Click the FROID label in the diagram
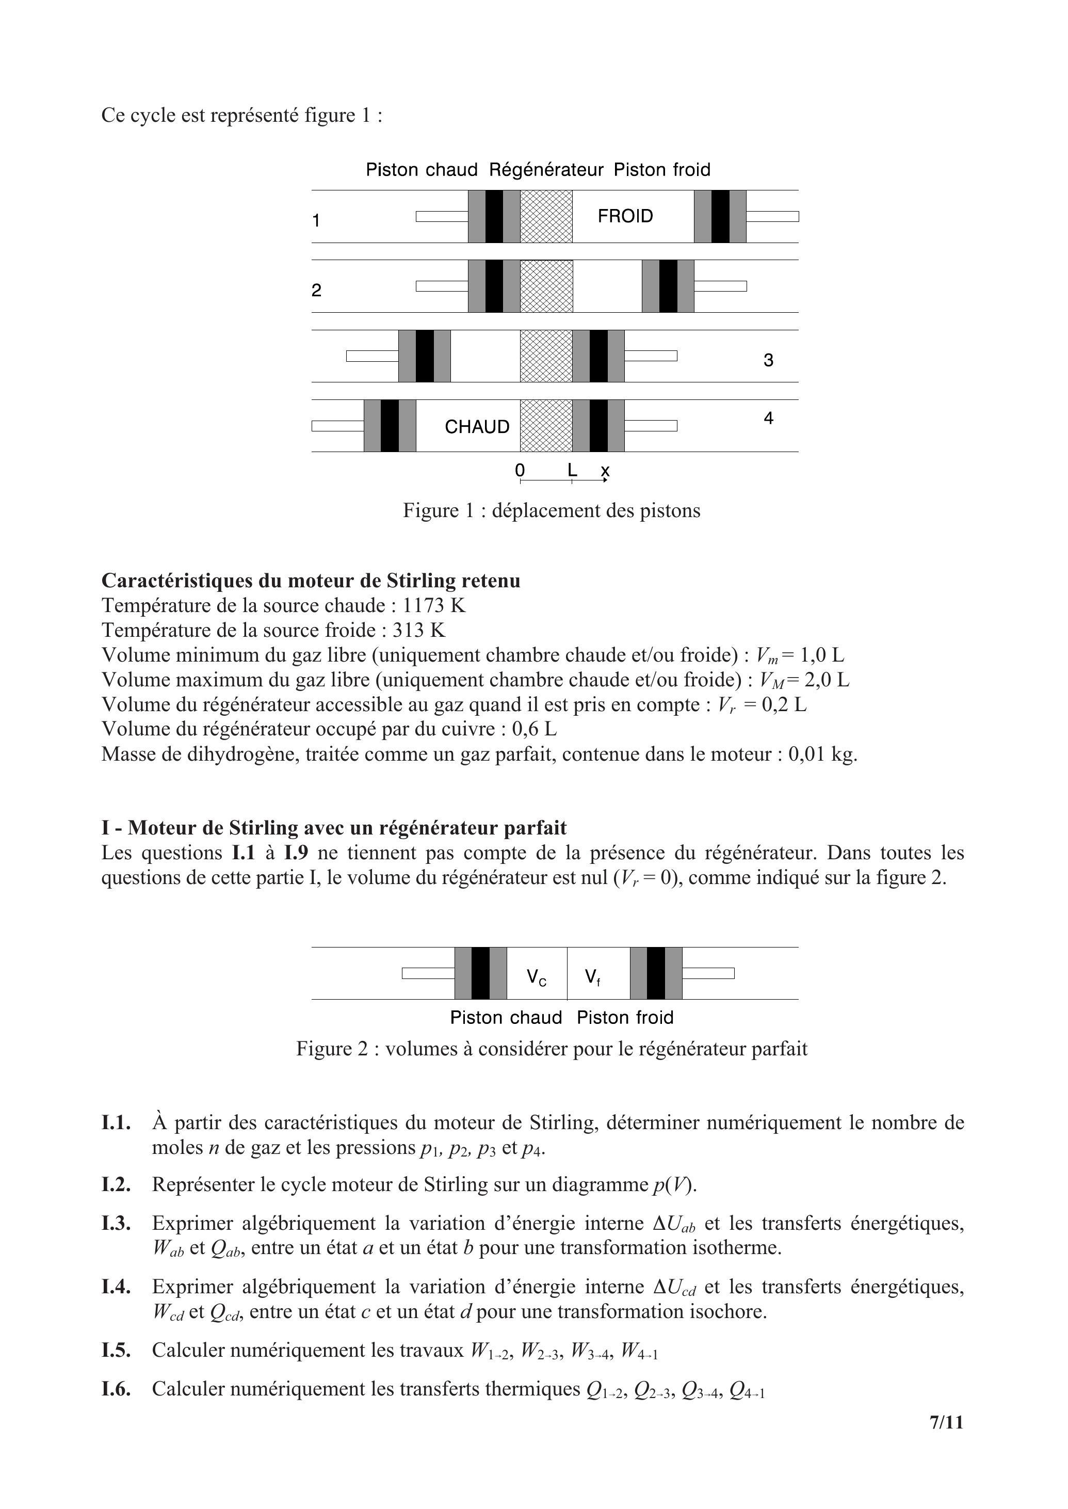pyautogui.click(x=625, y=216)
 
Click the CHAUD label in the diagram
pyautogui.click(x=477, y=427)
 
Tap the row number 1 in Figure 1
pyautogui.click(x=316, y=220)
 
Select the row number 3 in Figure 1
pyautogui.click(x=768, y=360)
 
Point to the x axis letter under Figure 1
pyautogui.click(x=605, y=471)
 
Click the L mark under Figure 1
pyautogui.click(x=572, y=470)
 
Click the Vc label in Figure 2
pyautogui.click(x=536, y=977)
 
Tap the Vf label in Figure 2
pyautogui.click(x=592, y=977)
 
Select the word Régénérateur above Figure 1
pyautogui.click(x=546, y=170)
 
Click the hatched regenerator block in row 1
pyautogui.click(x=546, y=216)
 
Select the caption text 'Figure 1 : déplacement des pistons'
pyautogui.click(x=551, y=510)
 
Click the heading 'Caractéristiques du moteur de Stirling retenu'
pyautogui.click(x=311, y=581)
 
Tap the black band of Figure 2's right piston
pyautogui.click(x=656, y=973)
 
